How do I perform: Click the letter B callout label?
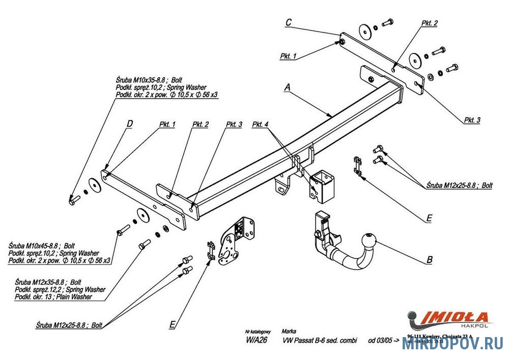coord(429,259)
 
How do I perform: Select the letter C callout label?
coord(288,22)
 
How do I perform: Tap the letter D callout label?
coord(129,124)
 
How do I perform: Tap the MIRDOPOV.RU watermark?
coord(453,344)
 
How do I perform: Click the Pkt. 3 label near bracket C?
coord(471,120)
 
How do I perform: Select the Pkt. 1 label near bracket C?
coord(288,56)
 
